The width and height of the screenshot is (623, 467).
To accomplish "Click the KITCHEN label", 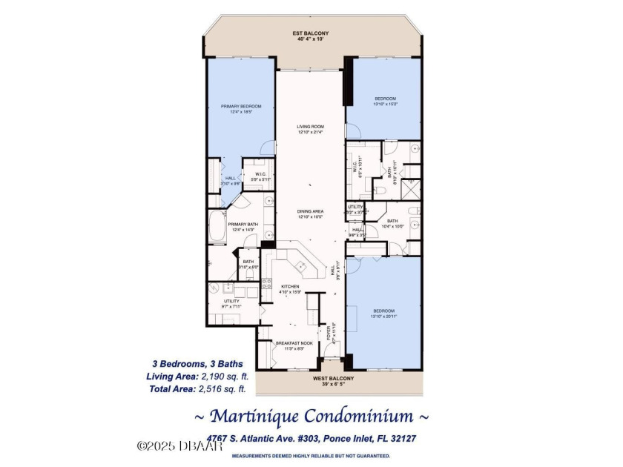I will (x=290, y=288).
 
